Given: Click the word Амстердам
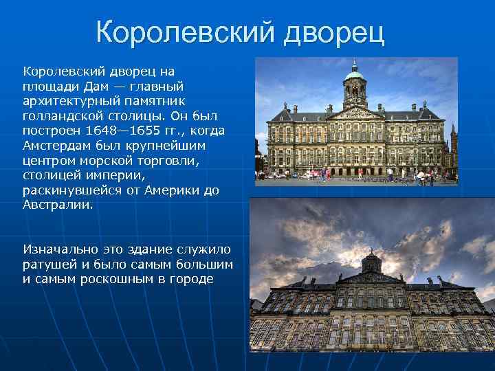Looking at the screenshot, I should click(55, 146).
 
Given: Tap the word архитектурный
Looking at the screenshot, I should click(67, 101).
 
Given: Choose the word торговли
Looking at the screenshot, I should click(170, 161).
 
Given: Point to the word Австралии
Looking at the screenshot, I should click(57, 205).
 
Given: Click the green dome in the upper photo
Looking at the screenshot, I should click(355, 72).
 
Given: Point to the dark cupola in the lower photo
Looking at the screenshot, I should click(371, 261).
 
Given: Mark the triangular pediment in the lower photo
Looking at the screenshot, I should click(371, 279).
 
